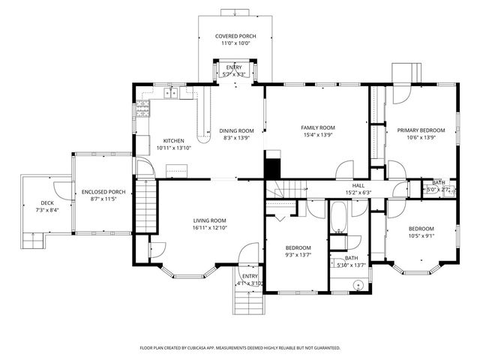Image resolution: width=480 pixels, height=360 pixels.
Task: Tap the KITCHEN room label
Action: pos(174,141)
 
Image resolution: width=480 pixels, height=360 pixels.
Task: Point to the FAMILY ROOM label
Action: pos(317,127)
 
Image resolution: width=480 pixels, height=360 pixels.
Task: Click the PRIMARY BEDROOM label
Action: pos(421,130)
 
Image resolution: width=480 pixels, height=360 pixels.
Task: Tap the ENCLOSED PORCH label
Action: pos(103,192)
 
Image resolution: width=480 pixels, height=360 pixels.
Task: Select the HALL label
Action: pos(358,185)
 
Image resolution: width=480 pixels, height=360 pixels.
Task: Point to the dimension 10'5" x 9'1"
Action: pos(421,236)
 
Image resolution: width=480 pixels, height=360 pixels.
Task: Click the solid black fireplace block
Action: pos(271,166)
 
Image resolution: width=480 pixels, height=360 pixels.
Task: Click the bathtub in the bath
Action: pos(339,218)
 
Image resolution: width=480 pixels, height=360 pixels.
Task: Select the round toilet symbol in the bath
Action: pos(360,286)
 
